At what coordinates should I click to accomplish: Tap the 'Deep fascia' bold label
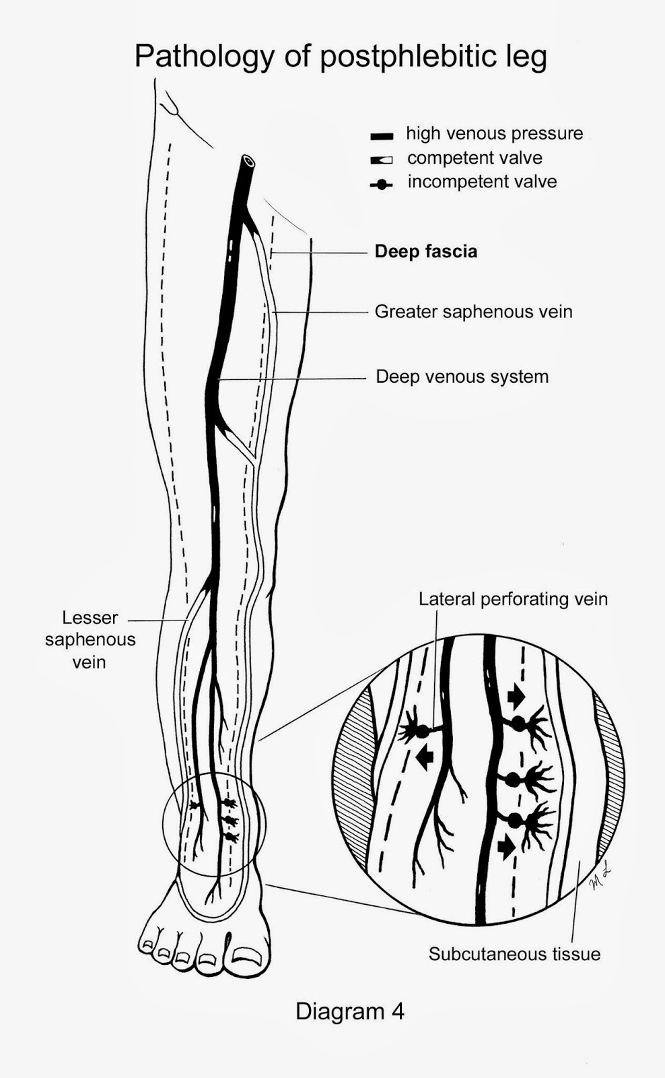[x=425, y=251]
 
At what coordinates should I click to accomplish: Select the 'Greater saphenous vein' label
[x=473, y=312]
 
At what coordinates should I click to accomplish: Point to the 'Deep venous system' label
[x=462, y=376]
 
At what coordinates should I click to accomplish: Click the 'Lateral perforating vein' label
[x=513, y=599]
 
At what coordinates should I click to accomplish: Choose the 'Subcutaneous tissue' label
[x=514, y=954]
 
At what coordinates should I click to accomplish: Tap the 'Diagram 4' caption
[x=349, y=1011]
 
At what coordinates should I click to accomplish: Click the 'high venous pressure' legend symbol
[x=382, y=136]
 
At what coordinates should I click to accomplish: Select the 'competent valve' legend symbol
[x=382, y=160]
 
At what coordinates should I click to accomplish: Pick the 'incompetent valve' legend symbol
[x=382, y=184]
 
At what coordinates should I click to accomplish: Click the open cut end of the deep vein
[x=248, y=162]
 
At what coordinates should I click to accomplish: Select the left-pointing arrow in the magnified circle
[x=424, y=759]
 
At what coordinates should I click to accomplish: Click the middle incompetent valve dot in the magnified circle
[x=513, y=780]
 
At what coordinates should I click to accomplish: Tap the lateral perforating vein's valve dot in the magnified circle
[x=422, y=730]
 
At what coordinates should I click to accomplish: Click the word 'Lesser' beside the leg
[x=90, y=618]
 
